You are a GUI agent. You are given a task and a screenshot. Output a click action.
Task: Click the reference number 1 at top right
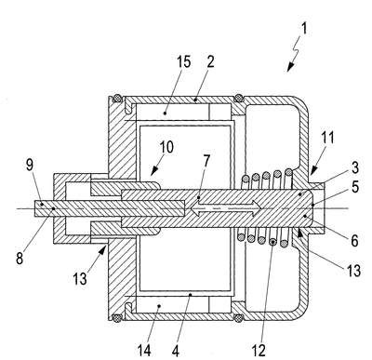click(x=304, y=29)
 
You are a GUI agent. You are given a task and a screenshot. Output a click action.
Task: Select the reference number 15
click(x=183, y=61)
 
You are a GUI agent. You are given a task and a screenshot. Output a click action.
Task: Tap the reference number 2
click(x=210, y=61)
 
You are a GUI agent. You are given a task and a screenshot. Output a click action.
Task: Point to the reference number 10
click(x=166, y=147)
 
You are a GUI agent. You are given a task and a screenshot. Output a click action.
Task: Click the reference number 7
click(x=206, y=160)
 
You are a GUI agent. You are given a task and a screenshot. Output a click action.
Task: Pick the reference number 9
click(x=29, y=165)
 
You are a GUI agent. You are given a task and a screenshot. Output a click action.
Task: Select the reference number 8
click(x=20, y=258)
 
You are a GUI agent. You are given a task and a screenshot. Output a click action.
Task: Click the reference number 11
click(x=327, y=138)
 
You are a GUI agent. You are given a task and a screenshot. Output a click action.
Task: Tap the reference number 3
click(x=354, y=167)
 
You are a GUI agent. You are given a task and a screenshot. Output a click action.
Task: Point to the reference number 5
click(x=354, y=187)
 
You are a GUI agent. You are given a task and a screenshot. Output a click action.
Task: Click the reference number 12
click(x=259, y=351)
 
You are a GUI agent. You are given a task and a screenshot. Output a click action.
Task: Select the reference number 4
click(x=175, y=351)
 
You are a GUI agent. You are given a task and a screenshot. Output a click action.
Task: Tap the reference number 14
click(x=144, y=351)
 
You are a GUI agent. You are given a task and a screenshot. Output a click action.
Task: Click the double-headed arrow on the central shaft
click(x=226, y=208)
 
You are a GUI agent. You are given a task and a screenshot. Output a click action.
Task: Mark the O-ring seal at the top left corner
click(x=117, y=99)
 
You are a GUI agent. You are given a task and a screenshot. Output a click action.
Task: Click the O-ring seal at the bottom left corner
click(x=117, y=318)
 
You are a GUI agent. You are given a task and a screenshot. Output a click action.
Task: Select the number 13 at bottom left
click(x=80, y=278)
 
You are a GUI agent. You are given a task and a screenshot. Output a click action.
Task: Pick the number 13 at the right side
click(x=353, y=271)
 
